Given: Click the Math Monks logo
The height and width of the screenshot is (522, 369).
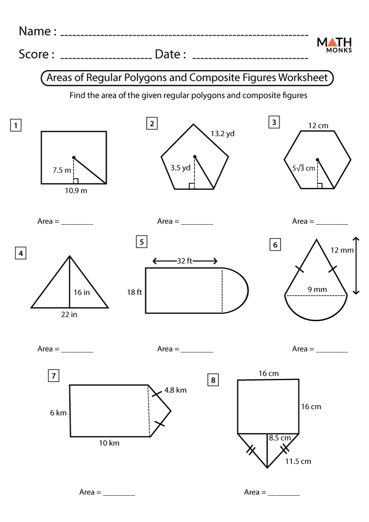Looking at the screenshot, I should (x=334, y=44).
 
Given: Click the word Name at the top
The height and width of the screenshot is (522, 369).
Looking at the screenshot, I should (x=34, y=31).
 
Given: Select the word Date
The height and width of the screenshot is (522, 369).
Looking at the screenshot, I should (x=168, y=54).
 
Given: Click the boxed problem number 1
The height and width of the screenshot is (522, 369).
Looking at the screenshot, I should (x=16, y=126).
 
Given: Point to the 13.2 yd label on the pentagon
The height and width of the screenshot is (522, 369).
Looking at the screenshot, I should (x=222, y=134).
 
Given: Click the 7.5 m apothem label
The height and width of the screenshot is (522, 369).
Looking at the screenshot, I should (x=62, y=170).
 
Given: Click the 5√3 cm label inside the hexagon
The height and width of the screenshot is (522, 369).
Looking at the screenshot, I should (x=304, y=168).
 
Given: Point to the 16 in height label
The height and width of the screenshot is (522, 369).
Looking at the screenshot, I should (x=82, y=292).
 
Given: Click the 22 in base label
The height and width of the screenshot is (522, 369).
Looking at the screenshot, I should (x=69, y=314).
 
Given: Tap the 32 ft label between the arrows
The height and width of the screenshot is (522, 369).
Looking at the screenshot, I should (x=184, y=261).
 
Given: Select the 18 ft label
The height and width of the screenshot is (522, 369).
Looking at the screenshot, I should (x=134, y=292).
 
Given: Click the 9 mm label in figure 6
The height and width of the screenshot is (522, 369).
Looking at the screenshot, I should (x=317, y=289).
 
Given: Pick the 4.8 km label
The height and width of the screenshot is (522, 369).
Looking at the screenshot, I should (x=175, y=390).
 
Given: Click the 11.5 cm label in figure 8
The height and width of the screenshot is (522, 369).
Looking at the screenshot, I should (x=298, y=461).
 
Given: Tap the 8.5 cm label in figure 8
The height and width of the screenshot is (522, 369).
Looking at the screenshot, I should (x=279, y=438).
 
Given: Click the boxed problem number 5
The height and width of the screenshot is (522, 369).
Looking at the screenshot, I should (x=142, y=242).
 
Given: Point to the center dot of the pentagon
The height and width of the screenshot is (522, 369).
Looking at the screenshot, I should (x=195, y=157).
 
